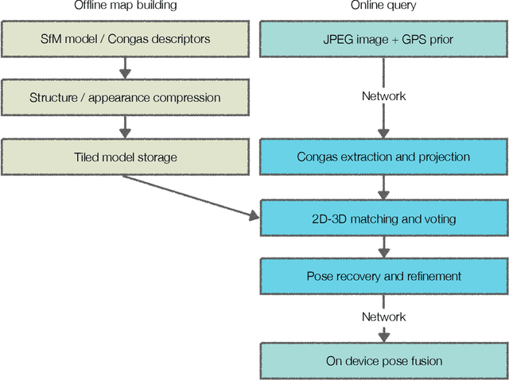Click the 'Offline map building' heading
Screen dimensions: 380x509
(x=125, y=6)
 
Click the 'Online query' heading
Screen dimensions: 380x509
(x=383, y=6)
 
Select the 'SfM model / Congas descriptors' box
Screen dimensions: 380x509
(x=125, y=39)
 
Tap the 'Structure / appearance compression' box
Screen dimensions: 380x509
(x=125, y=99)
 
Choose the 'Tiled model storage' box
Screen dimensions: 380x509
(x=125, y=157)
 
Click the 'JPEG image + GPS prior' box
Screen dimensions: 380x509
(x=383, y=39)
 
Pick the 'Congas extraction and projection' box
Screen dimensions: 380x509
(x=383, y=157)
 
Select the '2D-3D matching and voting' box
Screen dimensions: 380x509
(x=383, y=216)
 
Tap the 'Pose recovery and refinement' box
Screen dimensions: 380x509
(x=383, y=277)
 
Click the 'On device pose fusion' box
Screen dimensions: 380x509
(x=383, y=361)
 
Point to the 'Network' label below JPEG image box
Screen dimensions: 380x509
(x=383, y=96)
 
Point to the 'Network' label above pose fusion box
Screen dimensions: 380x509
(x=383, y=316)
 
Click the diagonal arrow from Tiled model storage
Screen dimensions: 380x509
(x=191, y=195)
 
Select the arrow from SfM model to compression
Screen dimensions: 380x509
(x=125, y=69)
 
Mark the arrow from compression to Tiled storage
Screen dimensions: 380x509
(x=125, y=128)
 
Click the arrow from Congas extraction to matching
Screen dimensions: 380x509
(x=383, y=188)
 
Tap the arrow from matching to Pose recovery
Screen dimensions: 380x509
(x=383, y=246)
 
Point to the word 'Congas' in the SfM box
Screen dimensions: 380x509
(x=145, y=39)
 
